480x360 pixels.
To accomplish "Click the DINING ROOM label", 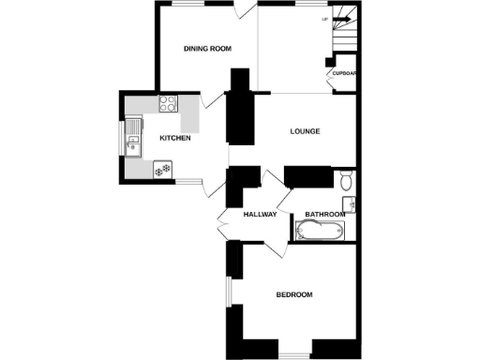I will point(207,49).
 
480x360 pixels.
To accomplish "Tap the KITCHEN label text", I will point(175,139).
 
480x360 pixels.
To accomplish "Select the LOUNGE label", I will point(305,131).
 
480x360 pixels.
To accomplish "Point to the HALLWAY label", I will point(260,215).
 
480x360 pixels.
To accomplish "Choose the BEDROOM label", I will point(294,294).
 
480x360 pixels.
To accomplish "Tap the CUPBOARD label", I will point(344,72).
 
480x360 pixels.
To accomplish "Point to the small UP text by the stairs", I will point(324,19).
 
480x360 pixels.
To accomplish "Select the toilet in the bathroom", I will point(345,180).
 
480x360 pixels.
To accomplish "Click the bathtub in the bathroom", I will point(320,232).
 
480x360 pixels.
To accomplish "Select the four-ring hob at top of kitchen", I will point(169,104).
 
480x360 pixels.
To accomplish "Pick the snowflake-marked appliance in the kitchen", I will point(163,170).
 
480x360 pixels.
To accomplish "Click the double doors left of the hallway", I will point(223,225).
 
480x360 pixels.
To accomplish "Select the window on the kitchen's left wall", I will point(120,141).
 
